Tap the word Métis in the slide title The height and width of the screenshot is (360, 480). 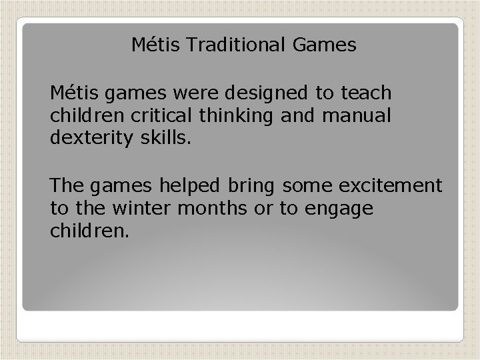[x=151, y=45]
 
